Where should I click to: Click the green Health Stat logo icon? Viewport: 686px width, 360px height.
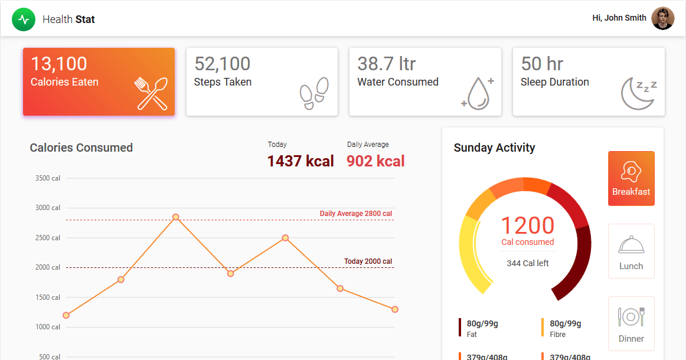pyautogui.click(x=24, y=19)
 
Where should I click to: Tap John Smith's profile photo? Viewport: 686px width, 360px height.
pyautogui.click(x=662, y=18)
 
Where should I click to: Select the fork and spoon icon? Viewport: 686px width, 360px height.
pyautogui.click(x=152, y=93)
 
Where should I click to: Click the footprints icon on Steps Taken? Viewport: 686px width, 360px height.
pyautogui.click(x=314, y=94)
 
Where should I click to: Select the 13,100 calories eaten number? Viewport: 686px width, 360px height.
pyautogui.click(x=59, y=64)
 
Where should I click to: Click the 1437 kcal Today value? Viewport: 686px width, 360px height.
pyautogui.click(x=300, y=161)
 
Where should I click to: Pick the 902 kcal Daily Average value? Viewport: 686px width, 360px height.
pyautogui.click(x=375, y=161)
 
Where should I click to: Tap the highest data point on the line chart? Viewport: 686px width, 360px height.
pyautogui.click(x=175, y=217)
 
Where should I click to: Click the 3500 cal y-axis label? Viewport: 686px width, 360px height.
pyautogui.click(x=48, y=178)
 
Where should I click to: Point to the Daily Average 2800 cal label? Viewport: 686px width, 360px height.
pyautogui.click(x=356, y=214)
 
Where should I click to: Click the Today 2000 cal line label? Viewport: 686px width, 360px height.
pyautogui.click(x=368, y=261)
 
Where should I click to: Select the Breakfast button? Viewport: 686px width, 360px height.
pyautogui.click(x=631, y=178)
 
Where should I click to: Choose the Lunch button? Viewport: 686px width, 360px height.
pyautogui.click(x=631, y=251)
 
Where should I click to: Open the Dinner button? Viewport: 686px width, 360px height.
pyautogui.click(x=631, y=323)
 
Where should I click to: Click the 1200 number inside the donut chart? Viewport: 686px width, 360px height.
pyautogui.click(x=528, y=225)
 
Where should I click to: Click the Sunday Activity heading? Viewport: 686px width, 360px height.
pyautogui.click(x=494, y=148)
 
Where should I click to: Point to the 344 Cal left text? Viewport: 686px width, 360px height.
pyautogui.click(x=528, y=263)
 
